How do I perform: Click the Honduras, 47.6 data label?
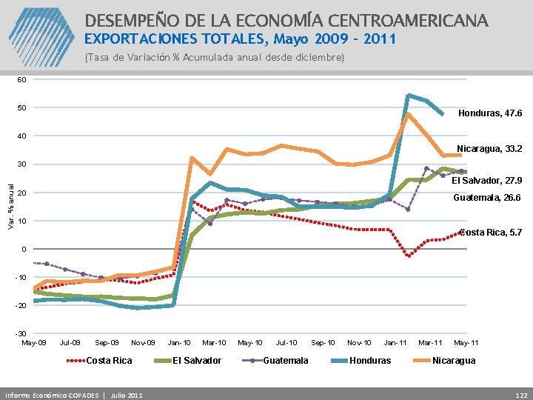(490, 113)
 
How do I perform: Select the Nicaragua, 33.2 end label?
(489, 149)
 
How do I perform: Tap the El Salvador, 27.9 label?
(486, 180)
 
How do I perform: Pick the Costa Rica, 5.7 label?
(491, 233)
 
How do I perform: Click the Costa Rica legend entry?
(110, 361)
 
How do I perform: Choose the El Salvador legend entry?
(196, 361)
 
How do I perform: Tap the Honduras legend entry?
(369, 361)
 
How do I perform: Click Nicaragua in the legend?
(454, 361)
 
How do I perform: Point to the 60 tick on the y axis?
(21, 79)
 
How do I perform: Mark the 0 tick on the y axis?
(23, 249)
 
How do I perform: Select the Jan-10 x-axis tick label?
(179, 343)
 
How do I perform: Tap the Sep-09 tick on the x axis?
(107, 343)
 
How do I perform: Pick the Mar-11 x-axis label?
(430, 343)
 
